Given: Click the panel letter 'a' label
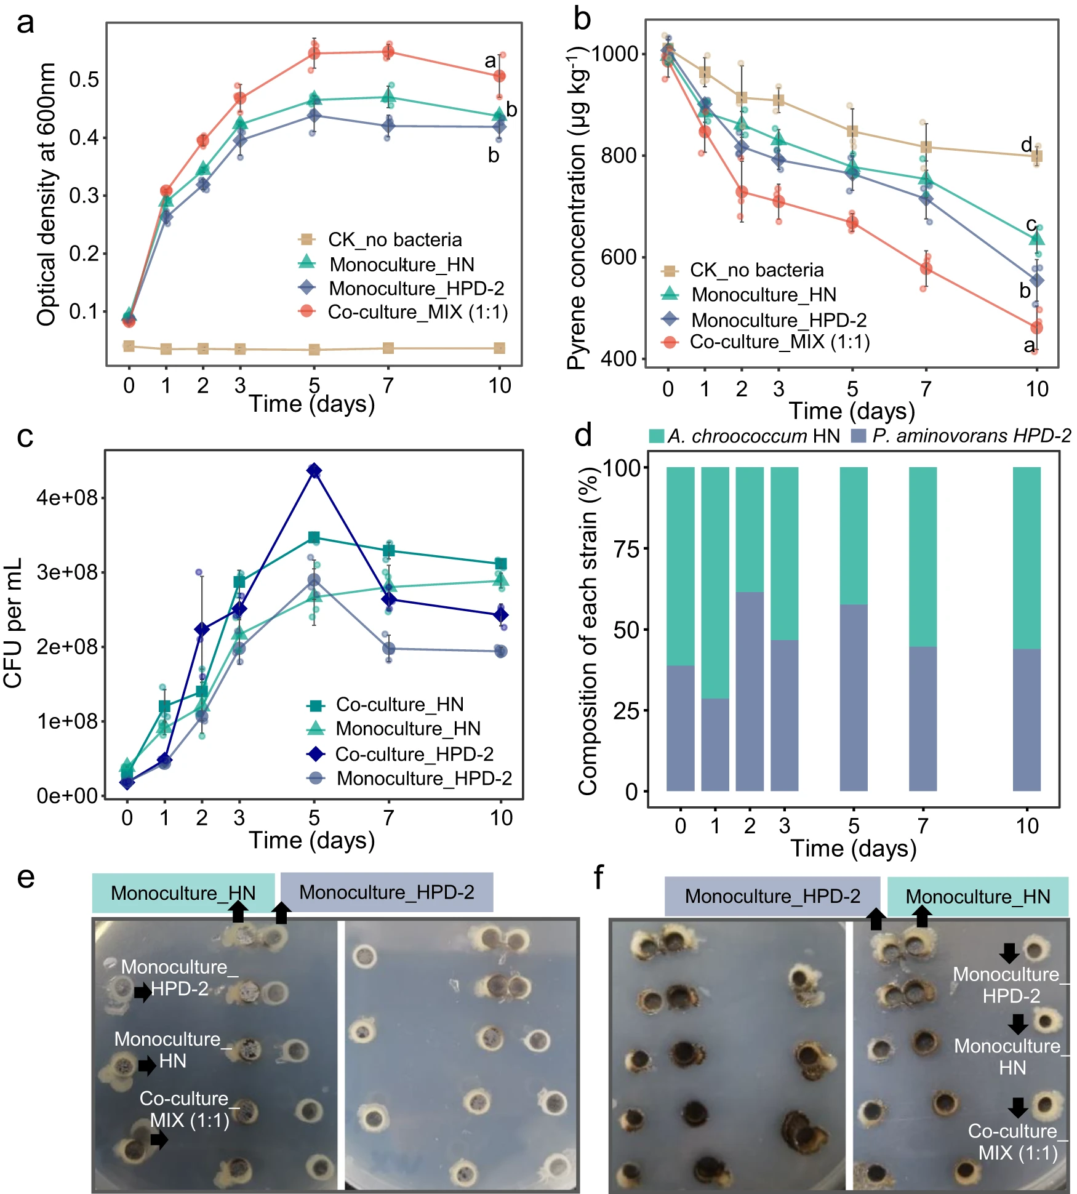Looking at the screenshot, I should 25,23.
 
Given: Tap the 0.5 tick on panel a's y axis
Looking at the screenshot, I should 84,80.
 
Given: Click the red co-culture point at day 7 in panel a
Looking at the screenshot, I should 388,52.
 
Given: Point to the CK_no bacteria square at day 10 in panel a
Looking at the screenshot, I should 500,348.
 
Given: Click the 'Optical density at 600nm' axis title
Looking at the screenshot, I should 47,194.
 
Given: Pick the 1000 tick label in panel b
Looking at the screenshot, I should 615,54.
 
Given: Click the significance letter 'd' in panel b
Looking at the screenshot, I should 1027,145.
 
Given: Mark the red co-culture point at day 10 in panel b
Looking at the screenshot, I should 1036,327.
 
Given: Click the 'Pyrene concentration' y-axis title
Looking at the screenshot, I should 577,209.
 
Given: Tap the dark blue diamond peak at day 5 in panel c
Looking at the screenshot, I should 314,471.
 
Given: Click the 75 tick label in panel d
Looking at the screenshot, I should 627,549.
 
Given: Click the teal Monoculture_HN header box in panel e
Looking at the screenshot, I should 183,893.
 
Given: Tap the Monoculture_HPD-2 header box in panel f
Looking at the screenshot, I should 772,896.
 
